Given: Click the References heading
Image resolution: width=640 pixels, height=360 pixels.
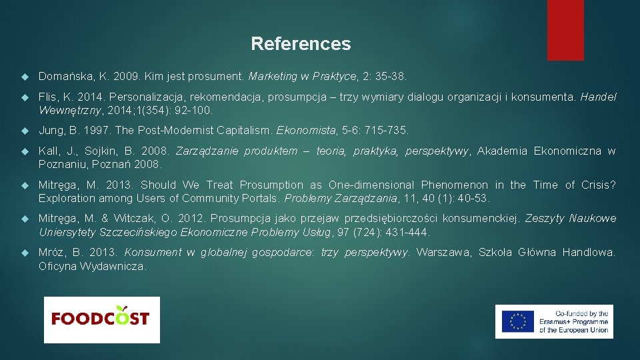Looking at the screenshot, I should [301, 44].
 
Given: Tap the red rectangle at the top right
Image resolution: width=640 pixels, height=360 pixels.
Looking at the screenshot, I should [565, 30].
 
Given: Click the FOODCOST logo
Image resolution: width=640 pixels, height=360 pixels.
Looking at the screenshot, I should [101, 319].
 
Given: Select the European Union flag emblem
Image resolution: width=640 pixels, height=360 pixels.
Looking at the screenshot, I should [517, 321].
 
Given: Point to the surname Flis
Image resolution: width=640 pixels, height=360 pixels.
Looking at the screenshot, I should [47, 97].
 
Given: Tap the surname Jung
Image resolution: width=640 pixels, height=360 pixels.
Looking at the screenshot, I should [51, 130].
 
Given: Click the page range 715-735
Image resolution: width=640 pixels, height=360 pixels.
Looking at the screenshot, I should [385, 130].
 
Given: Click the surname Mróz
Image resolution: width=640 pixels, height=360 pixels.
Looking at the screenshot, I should [52, 252].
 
